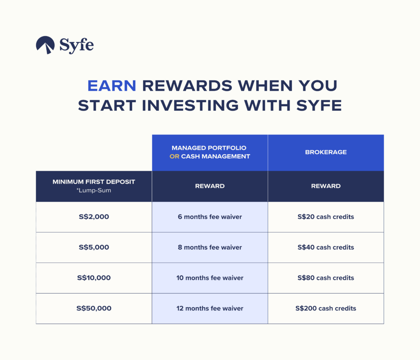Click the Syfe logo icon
coord(45,44)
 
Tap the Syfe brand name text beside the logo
coord(77,46)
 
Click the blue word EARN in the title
coord(112,86)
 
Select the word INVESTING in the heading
coord(190,105)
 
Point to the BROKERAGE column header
coord(326,152)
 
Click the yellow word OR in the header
coord(174,157)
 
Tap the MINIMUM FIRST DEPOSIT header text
coord(94,182)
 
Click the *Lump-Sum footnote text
coord(94,190)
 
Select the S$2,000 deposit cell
coord(94,216)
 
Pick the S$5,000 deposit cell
coord(94,247)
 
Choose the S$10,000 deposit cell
coord(94,278)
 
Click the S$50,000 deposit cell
coord(94,308)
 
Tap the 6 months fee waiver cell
coord(210,216)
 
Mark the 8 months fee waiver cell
coord(210,247)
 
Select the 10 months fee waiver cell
coord(210,278)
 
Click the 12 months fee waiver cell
coord(210,308)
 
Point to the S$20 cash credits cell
coord(326,216)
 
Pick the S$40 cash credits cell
coord(326,247)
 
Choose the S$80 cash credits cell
coord(326,278)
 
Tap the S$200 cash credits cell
coord(326,308)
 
